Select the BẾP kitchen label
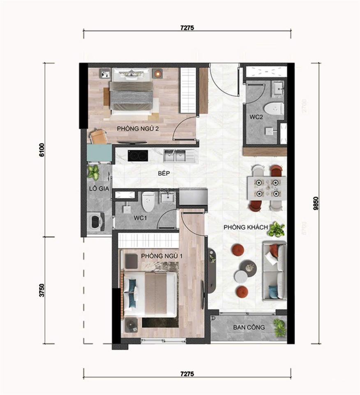pos(164,174)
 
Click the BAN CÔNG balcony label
pos(249,328)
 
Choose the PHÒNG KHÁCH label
pos(246,227)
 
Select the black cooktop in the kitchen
pos(138,156)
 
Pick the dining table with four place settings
pos(266,188)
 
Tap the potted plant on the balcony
pos(279,327)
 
